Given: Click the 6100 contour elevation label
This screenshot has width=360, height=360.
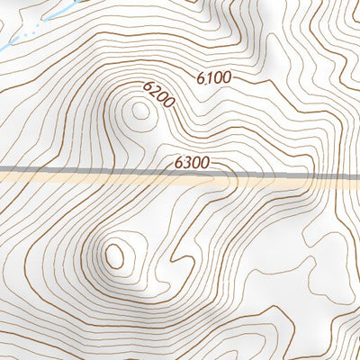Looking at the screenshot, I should click(213, 78).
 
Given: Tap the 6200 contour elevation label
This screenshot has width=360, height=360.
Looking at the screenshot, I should click(158, 96).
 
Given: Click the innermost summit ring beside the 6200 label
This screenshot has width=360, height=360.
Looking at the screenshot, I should click(139, 112).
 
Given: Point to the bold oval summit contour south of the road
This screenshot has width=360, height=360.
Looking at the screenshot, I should click(114, 256).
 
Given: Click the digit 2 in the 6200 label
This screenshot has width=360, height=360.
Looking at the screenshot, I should click(154, 93).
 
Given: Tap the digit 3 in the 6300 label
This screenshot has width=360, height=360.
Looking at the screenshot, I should click(185, 163).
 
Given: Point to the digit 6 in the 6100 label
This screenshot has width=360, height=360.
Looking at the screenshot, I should click(201, 78).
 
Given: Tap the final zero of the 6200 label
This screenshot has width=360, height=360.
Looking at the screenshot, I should click(168, 105).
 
